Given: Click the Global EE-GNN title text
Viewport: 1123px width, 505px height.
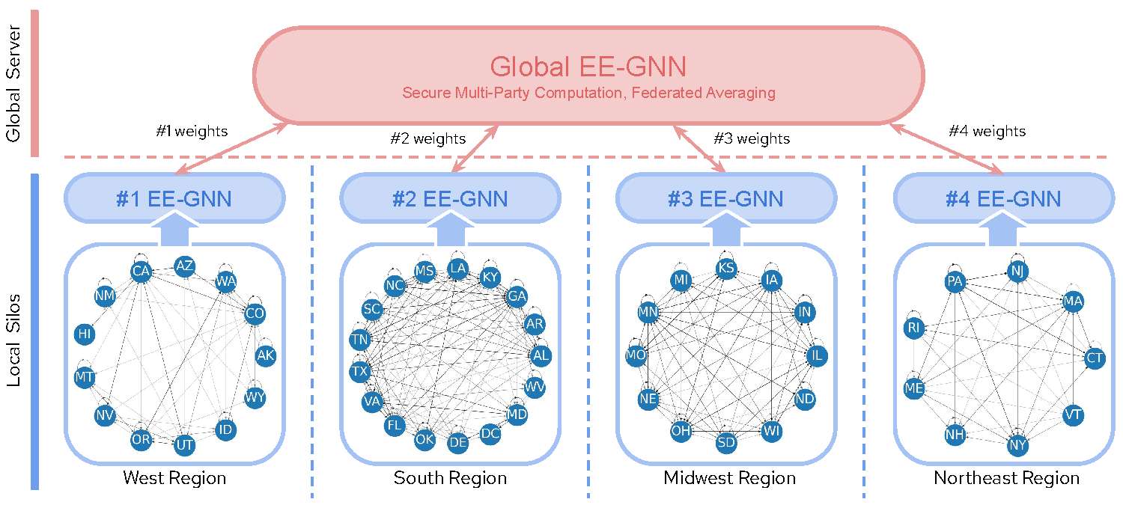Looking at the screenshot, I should click(x=588, y=67).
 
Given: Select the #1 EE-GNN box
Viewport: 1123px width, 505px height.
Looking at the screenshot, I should click(x=174, y=199).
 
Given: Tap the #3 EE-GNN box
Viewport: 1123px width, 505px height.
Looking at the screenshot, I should click(x=725, y=199).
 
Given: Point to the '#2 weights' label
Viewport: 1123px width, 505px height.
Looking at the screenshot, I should click(x=428, y=138).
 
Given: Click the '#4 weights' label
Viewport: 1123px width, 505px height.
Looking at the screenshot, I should click(x=987, y=131).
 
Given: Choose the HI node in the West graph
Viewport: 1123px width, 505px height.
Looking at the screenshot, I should click(x=85, y=334).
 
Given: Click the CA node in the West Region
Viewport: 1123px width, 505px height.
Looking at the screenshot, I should click(x=141, y=271).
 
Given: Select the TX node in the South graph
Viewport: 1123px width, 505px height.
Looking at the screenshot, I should click(x=359, y=371).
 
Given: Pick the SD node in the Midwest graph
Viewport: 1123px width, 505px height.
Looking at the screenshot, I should click(x=726, y=442).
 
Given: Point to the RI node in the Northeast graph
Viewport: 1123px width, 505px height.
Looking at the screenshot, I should click(x=913, y=328).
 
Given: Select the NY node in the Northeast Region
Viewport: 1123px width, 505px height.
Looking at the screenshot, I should click(x=1017, y=445).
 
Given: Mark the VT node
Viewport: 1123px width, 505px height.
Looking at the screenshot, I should click(x=1074, y=415).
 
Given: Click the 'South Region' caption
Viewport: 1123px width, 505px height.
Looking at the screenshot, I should click(x=450, y=478).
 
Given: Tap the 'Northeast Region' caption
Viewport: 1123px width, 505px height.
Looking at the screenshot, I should click(x=1006, y=478).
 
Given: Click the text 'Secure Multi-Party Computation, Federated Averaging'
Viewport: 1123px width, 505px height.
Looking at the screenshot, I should click(x=588, y=94).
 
